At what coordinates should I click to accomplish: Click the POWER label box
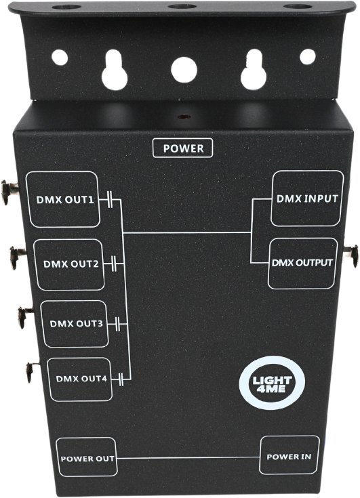[x=182, y=148]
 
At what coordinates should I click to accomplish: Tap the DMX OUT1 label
[x=65, y=200]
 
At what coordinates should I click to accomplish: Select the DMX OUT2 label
[x=71, y=264]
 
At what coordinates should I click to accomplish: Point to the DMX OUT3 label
[x=76, y=324]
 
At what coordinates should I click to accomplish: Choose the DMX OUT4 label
[x=81, y=379]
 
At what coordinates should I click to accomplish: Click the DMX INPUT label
[x=307, y=199]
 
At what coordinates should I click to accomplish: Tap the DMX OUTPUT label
[x=302, y=263]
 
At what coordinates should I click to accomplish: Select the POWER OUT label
[x=87, y=459]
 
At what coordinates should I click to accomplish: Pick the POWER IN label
[x=289, y=457]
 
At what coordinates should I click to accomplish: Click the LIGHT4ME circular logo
[x=272, y=383]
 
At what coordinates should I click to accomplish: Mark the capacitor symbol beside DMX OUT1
[x=110, y=199]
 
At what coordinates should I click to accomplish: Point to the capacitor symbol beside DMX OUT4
[x=121, y=379]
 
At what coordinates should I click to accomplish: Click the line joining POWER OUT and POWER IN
[x=188, y=457]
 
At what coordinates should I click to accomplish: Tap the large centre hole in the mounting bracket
[x=184, y=70]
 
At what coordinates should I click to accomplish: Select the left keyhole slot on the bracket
[x=115, y=70]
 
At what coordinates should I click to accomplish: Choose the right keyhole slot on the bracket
[x=254, y=69]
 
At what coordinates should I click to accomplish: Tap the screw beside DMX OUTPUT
[x=351, y=255]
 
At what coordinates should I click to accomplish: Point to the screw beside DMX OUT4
[x=32, y=371]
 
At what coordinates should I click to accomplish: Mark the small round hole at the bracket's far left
[x=60, y=58]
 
